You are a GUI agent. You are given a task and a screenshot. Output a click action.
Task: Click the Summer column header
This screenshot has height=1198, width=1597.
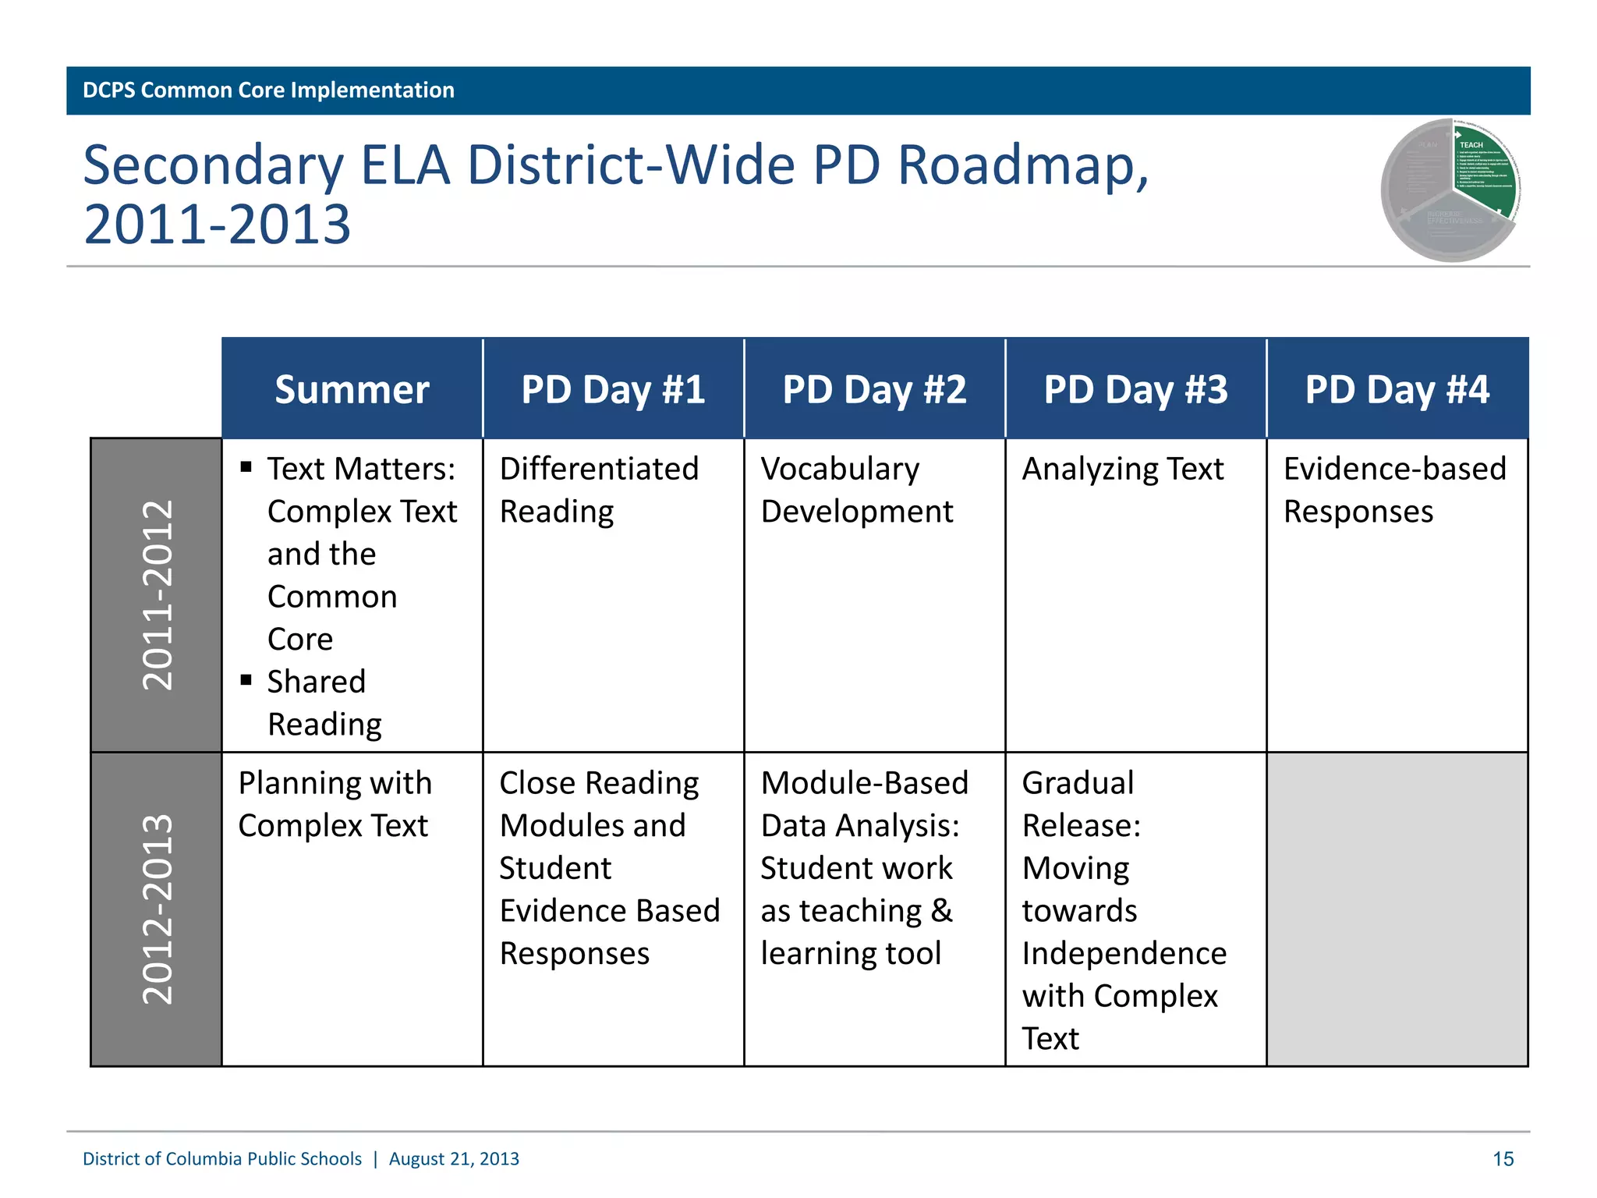pyautogui.click(x=352, y=389)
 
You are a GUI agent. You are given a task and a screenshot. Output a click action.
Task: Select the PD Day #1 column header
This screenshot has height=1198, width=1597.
pyautogui.click(x=613, y=389)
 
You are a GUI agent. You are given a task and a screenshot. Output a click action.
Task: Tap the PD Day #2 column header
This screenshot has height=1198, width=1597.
pyautogui.click(x=874, y=389)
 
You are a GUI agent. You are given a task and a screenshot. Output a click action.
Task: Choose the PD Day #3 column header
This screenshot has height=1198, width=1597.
pyautogui.click(x=1135, y=389)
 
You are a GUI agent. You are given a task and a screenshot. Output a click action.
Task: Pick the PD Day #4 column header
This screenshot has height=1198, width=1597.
pyautogui.click(x=1397, y=389)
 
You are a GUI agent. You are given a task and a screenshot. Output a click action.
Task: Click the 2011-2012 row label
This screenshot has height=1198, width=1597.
pyautogui.click(x=157, y=595)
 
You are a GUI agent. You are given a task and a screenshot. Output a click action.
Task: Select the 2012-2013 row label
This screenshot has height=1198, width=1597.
pyautogui.click(x=157, y=909)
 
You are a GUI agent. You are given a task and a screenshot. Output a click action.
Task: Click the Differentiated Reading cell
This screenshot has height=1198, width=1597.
pyautogui.click(x=598, y=490)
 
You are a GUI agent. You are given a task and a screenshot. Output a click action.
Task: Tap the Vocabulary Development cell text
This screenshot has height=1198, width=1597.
pyautogui.click(x=856, y=490)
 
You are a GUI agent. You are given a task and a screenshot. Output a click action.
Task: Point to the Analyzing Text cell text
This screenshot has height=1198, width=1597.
pyautogui.click(x=1123, y=470)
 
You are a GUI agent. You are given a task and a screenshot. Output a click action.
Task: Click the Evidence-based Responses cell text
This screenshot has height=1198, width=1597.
pyautogui.click(x=1394, y=490)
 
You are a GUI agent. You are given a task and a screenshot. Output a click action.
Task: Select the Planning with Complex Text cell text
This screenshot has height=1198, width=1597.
pyautogui.click(x=335, y=804)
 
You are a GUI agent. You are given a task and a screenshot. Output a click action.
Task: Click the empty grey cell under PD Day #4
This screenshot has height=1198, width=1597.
pyautogui.click(x=1397, y=909)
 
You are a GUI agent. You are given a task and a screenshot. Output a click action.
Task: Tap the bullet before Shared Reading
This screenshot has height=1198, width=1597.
pyautogui.click(x=246, y=680)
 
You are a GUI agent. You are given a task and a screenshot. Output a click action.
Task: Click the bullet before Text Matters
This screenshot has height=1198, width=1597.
pyautogui.click(x=246, y=467)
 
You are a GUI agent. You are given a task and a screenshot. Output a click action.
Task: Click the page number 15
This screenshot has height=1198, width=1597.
pyautogui.click(x=1503, y=1159)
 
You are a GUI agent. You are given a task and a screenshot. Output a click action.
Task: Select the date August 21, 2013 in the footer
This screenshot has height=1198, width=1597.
pyautogui.click(x=454, y=1159)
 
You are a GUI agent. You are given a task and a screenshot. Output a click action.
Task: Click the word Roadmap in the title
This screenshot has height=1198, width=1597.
pyautogui.click(x=1022, y=166)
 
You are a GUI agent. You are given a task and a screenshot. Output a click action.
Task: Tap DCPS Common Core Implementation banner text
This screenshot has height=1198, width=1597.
pyautogui.click(x=268, y=90)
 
